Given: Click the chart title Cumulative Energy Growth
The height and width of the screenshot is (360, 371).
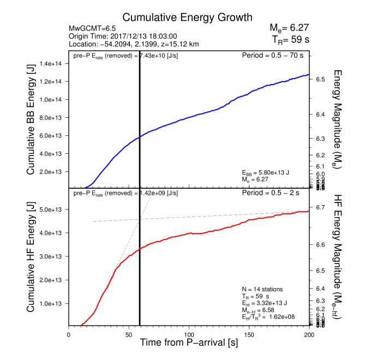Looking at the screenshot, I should (187, 17).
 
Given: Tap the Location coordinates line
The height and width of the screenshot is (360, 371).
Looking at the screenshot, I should (134, 44).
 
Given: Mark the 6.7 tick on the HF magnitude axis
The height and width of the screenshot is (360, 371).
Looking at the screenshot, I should (321, 208).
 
